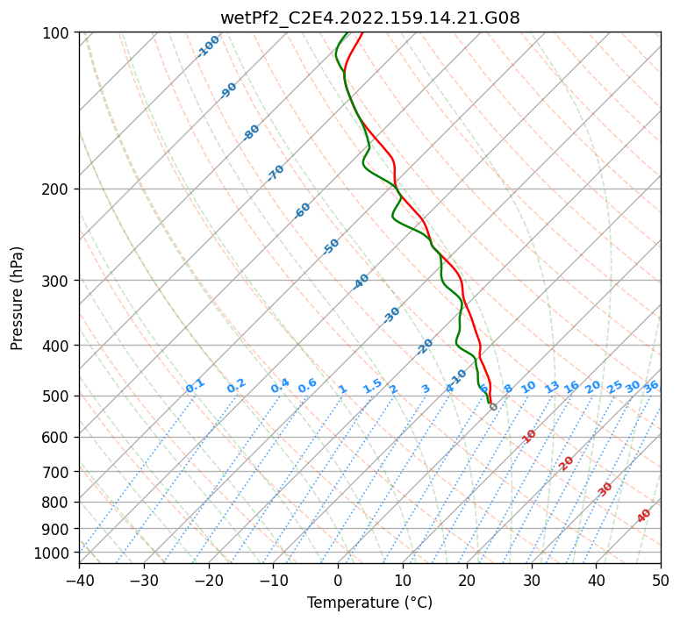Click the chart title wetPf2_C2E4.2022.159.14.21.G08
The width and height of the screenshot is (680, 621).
(369, 18)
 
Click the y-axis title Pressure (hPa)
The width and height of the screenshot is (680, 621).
(18, 297)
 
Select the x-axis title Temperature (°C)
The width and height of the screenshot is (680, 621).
(369, 603)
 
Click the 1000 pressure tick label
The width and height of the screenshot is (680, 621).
(53, 553)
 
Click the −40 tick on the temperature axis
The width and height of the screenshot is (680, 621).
(79, 581)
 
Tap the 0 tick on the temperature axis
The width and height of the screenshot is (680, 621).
(338, 581)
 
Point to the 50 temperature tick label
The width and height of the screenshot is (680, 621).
(661, 581)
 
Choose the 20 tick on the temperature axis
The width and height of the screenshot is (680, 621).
(467, 581)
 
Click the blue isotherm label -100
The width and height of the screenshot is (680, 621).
(208, 46)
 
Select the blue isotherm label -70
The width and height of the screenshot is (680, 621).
(276, 173)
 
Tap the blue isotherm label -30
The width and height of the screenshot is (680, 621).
(391, 315)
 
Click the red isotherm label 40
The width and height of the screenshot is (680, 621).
(644, 516)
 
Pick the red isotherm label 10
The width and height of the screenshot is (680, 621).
(529, 436)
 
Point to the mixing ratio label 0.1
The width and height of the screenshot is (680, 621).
(195, 386)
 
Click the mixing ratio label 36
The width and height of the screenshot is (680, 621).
(651, 387)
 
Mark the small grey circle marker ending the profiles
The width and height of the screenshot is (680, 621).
(493, 407)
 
